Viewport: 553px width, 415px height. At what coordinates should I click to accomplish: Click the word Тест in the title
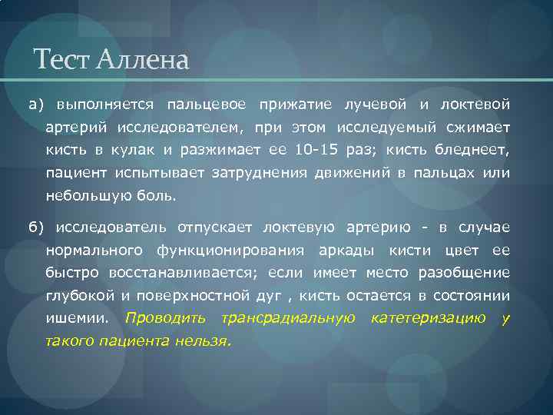click(61, 59)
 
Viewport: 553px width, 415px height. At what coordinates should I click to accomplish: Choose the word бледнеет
click(475, 150)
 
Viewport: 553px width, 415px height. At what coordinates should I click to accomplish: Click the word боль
click(159, 196)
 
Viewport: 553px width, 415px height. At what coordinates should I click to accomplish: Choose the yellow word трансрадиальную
click(287, 318)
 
